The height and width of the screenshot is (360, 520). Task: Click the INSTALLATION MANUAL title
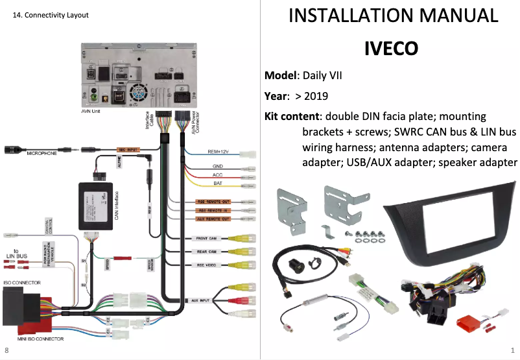tap(393, 16)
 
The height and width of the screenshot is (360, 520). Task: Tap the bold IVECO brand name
tap(390, 49)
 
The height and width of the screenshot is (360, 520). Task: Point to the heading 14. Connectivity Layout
tap(51, 15)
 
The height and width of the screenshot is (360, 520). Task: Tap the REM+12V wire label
tap(219, 152)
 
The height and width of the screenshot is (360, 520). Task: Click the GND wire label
tap(218, 166)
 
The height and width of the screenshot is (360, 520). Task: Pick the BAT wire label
tap(218, 184)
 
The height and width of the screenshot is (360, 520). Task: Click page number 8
tap(7, 350)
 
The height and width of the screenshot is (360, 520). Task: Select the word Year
tap(275, 96)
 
